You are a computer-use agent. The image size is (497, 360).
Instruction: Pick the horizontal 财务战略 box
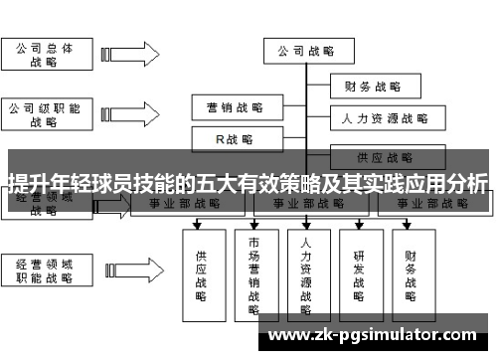click(372, 86)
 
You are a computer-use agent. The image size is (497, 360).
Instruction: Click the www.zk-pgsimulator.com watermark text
click(373, 335)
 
